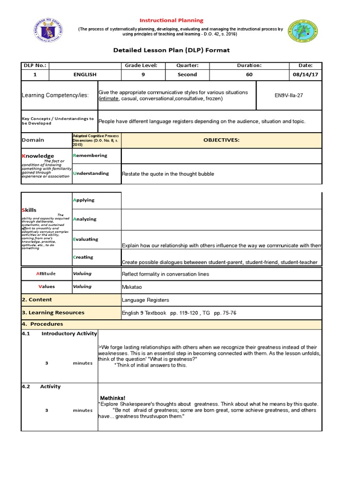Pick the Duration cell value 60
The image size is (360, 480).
[249, 75]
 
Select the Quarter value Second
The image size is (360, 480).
[187, 75]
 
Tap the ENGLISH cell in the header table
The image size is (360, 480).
[85, 75]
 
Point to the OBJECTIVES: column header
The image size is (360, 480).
[221, 140]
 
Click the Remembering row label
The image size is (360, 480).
[90, 155]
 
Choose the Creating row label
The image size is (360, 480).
[83, 257]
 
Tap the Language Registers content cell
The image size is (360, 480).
[145, 300]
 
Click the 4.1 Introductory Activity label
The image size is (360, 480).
[60, 334]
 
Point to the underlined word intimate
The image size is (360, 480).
[109, 99]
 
